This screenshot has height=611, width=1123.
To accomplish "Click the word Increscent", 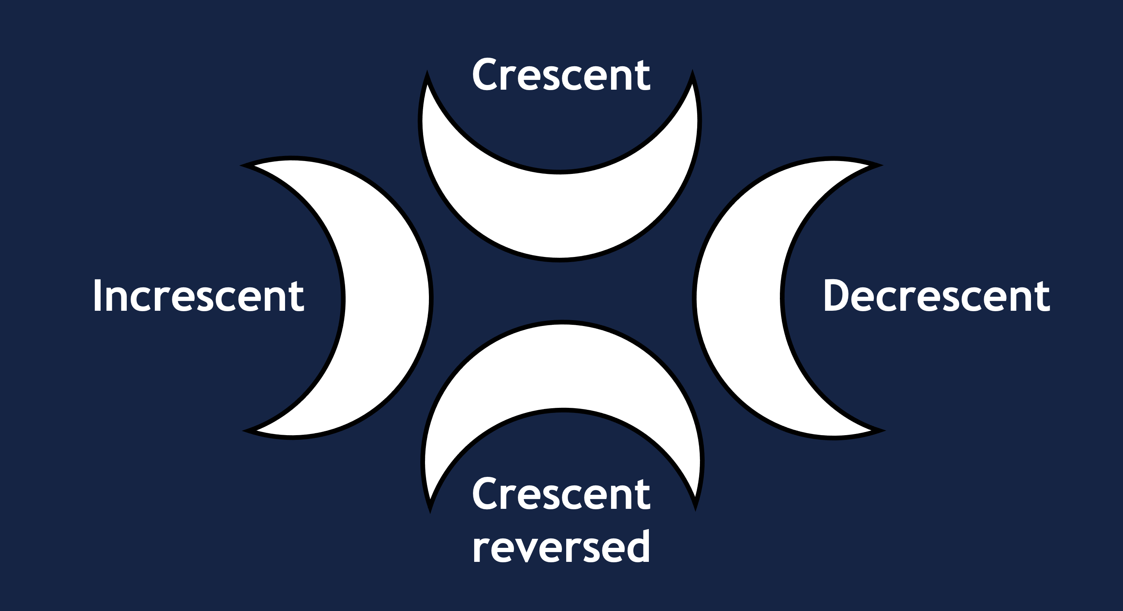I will click(x=198, y=296).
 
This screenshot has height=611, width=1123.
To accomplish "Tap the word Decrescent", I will click(x=936, y=296).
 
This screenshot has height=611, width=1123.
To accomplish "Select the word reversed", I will click(x=561, y=547).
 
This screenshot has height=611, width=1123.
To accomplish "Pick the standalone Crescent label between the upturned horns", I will click(x=561, y=75).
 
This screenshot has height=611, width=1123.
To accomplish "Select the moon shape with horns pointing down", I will click(x=562, y=366).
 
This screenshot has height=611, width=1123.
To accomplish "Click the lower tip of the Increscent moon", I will click(x=247, y=430).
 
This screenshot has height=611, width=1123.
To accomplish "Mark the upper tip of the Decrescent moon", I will click(x=879, y=166).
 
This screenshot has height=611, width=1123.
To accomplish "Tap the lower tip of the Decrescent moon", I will click(x=880, y=430).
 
